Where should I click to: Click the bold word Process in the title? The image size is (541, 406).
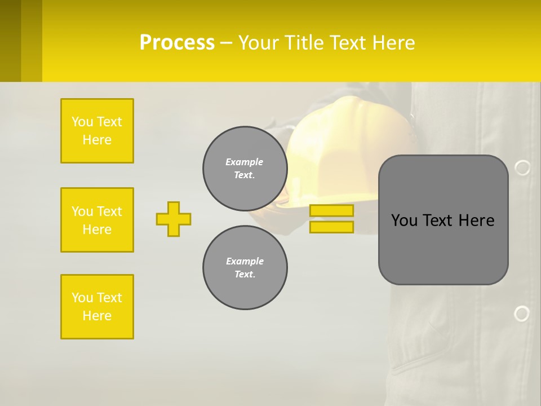(177, 43)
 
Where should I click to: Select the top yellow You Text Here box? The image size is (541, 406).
(97, 131)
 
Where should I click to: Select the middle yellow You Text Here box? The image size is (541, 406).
(97, 220)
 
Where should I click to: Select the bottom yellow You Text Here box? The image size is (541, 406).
(97, 307)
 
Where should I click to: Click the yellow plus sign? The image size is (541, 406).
(174, 219)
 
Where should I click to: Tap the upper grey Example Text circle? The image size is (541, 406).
(245, 169)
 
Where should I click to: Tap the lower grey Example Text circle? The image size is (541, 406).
(245, 268)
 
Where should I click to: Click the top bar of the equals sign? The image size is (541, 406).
(331, 211)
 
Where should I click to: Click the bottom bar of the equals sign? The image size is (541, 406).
(331, 227)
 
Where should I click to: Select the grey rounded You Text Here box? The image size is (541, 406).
(443, 220)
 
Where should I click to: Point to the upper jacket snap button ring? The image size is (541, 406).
(522, 167)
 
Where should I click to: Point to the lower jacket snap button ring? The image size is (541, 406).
(522, 314)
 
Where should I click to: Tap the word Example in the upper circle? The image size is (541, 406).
(245, 162)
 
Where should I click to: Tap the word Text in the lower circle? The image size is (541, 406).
(245, 275)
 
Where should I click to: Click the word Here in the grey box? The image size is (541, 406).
(476, 220)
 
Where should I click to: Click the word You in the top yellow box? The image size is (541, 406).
(82, 122)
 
